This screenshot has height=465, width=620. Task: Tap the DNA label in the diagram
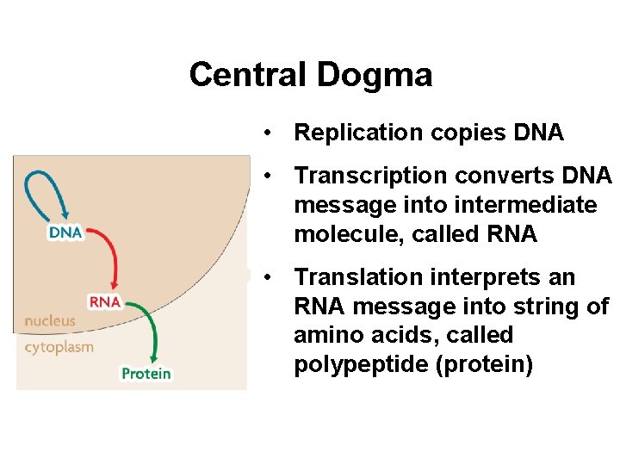65,232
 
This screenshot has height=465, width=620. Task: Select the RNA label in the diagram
105,302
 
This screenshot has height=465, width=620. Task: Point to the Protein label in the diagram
146,374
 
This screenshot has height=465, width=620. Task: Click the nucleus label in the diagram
50,320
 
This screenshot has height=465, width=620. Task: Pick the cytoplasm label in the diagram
59,347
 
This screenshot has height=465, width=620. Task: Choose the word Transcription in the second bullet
363,176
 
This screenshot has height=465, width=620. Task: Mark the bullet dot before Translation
270,277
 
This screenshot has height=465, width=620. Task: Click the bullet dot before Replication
270,133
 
